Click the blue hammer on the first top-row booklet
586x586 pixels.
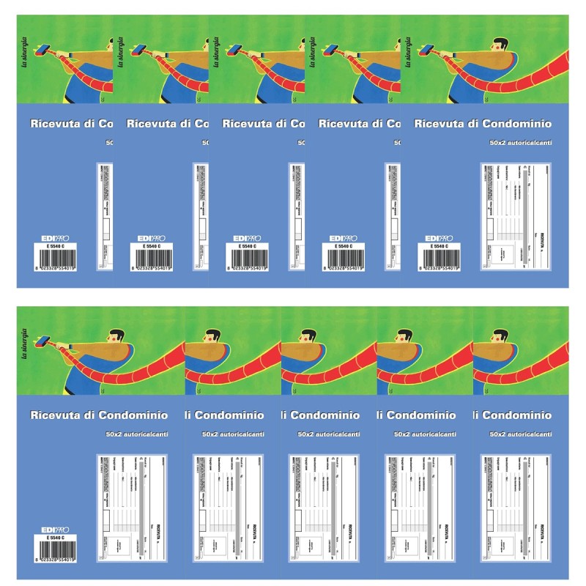point(45,51)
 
